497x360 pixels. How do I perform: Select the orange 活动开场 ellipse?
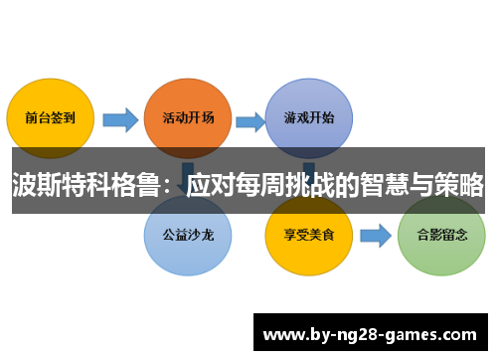coord(188,117)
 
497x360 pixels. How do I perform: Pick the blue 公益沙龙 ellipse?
coord(188,236)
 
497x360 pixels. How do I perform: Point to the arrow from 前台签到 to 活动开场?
coord(120,120)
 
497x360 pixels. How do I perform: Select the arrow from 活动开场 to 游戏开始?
coord(248,120)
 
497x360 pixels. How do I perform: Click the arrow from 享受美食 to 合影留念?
coord(375,237)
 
